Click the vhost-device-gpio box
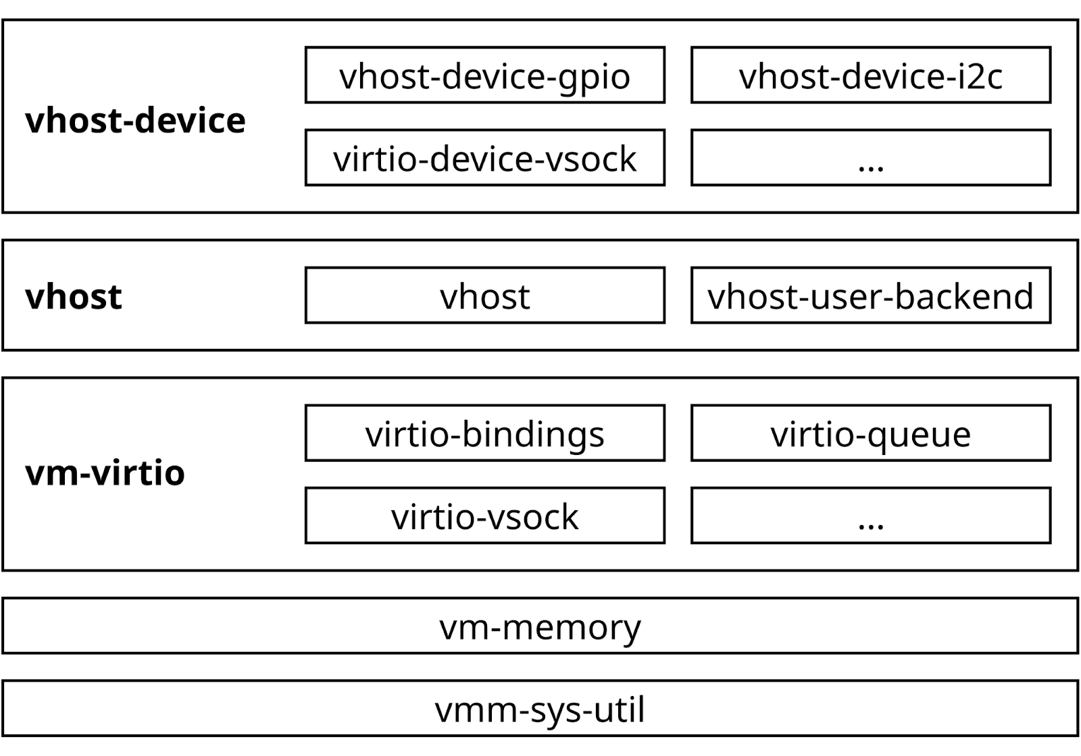pyautogui.click(x=484, y=75)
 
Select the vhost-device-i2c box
pyautogui.click(x=870, y=75)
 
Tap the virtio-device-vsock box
pyautogui.click(x=484, y=158)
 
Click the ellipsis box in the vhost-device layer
pyautogui.click(x=870, y=158)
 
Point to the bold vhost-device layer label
pyautogui.click(x=135, y=121)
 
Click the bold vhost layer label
pyautogui.click(x=74, y=297)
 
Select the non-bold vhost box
pyautogui.click(x=484, y=296)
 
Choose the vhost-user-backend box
pyautogui.click(x=870, y=296)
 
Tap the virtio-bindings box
pyautogui.click(x=484, y=433)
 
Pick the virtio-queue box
pyautogui.click(x=870, y=433)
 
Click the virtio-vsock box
pyautogui.click(x=484, y=516)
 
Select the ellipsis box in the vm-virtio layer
pyautogui.click(x=870, y=516)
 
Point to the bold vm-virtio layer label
pyautogui.click(x=105, y=473)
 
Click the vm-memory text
pyautogui.click(x=540, y=626)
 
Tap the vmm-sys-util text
pyautogui.click(x=540, y=709)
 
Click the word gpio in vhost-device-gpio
pyautogui.click(x=595, y=77)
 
